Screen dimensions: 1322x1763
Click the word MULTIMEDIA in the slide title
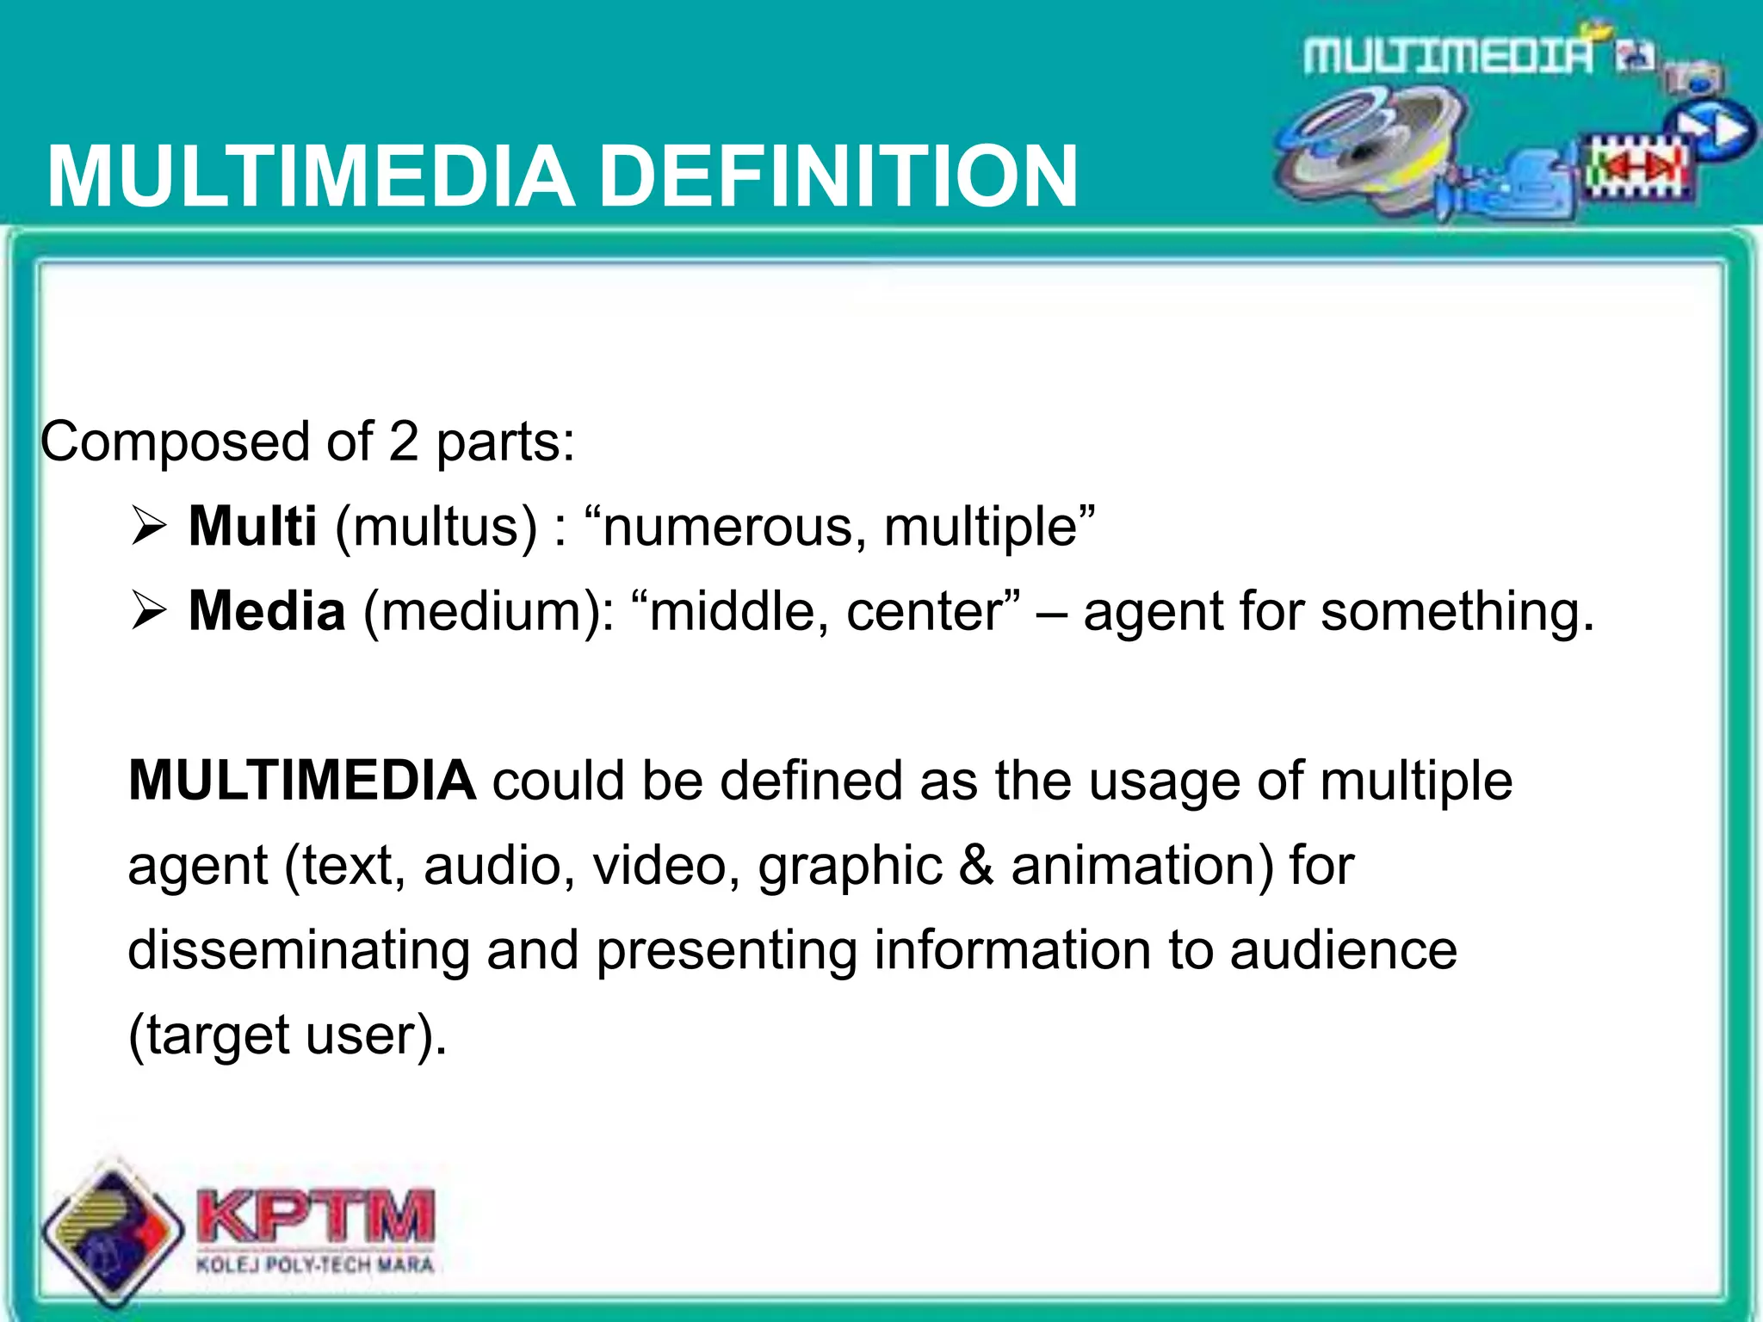tap(311, 176)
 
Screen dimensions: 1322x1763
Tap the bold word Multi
tap(252, 526)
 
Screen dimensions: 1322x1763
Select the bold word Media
tap(267, 611)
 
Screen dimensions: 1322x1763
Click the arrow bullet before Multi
tap(148, 527)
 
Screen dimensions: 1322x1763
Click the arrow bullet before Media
tap(148, 612)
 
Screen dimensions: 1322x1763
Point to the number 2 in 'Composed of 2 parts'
tap(403, 442)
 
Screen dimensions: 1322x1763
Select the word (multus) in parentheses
tap(436, 527)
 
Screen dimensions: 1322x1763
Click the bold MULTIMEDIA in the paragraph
tap(301, 781)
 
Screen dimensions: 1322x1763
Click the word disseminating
tap(298, 950)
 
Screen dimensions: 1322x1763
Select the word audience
tap(1343, 950)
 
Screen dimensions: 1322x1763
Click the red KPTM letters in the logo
tap(316, 1217)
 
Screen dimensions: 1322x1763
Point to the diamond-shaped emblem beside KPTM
tap(112, 1231)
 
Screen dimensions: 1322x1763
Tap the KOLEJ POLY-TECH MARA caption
tap(315, 1265)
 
